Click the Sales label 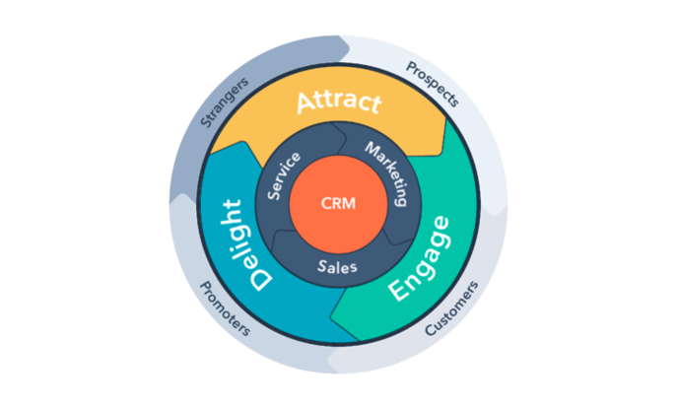pos(338,265)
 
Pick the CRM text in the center pos(338,204)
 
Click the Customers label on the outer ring pos(452,309)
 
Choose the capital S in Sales pos(322,265)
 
